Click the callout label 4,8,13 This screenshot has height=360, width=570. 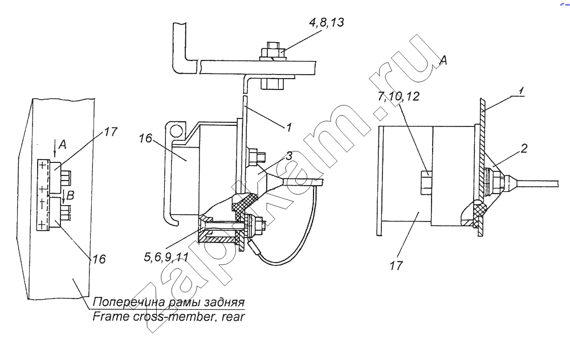point(326,23)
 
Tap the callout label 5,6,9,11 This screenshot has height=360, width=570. point(166,257)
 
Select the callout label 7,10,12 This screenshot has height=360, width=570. point(398,96)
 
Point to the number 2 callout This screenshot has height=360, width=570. point(523,148)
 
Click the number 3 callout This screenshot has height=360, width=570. point(288,156)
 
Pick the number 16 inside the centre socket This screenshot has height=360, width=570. point(145,138)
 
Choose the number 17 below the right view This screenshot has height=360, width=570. point(396,265)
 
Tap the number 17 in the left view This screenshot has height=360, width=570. point(111,132)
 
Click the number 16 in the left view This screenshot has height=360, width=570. point(99,259)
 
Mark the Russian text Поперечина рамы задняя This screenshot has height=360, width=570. point(169,302)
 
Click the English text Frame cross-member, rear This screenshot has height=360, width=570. point(169,316)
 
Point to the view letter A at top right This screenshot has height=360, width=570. point(443,60)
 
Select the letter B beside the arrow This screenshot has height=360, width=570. point(70,195)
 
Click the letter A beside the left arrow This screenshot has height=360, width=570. point(63,145)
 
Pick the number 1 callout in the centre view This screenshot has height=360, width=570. point(288,128)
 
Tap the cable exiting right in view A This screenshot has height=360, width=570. point(535,182)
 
